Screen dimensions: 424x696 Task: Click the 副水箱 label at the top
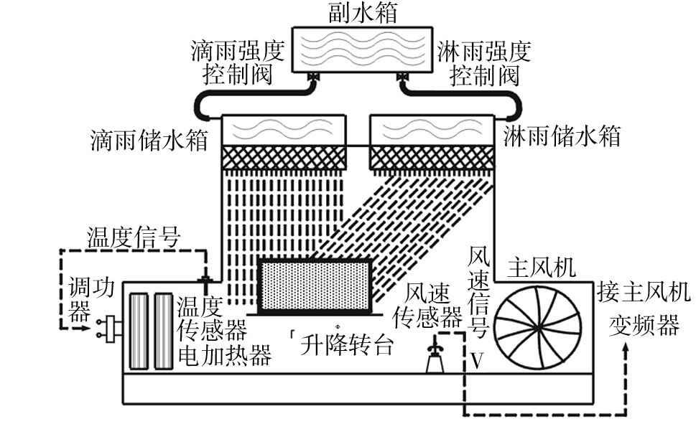point(349,13)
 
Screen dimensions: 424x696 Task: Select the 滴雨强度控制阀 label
point(238,62)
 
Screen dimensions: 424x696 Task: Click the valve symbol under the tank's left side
point(313,77)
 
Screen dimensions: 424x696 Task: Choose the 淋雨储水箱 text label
point(562,136)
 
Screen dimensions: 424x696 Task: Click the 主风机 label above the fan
point(541,268)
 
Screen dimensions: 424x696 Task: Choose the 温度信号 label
point(134,236)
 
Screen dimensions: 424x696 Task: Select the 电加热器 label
point(224,354)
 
